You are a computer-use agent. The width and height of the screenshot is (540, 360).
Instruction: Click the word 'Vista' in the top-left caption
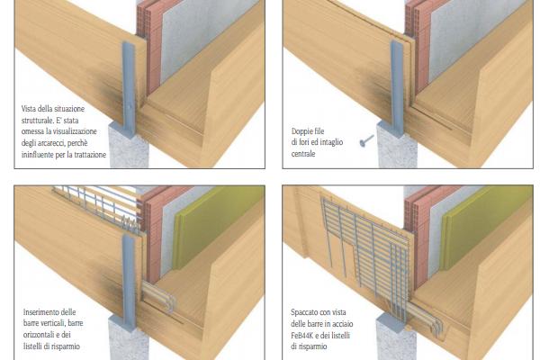(x=29, y=109)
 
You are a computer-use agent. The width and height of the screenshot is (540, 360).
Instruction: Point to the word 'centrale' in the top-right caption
(x=303, y=154)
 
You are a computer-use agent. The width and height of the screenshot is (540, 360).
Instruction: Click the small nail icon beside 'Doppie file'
(x=367, y=140)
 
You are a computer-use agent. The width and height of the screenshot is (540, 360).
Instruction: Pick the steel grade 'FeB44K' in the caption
(x=303, y=335)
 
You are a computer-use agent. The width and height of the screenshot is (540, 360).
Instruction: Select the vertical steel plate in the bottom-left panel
(x=129, y=281)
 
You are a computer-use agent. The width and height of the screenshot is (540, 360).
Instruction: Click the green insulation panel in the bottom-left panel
(x=215, y=226)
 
